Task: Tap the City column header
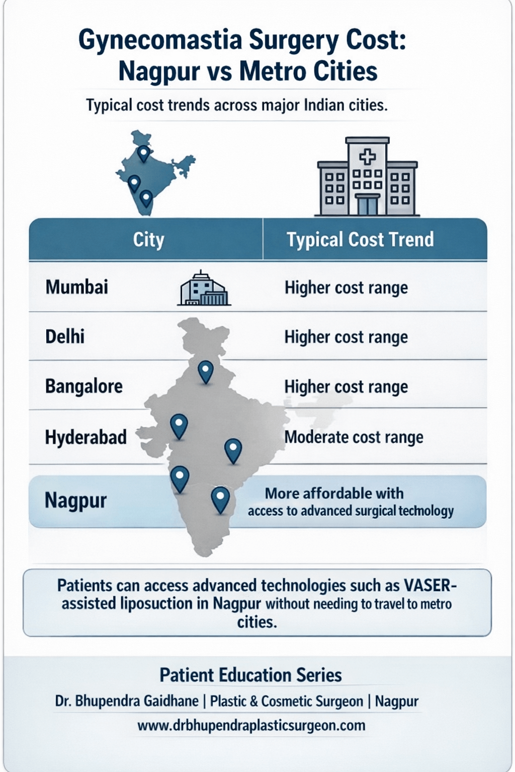pyautogui.click(x=148, y=240)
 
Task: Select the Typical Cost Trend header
pyautogui.click(x=360, y=240)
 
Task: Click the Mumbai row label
pyautogui.click(x=76, y=287)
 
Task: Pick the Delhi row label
pyautogui.click(x=65, y=336)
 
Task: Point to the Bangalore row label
pyautogui.click(x=84, y=386)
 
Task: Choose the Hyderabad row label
pyautogui.click(x=85, y=437)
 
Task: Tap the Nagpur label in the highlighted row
pyautogui.click(x=75, y=501)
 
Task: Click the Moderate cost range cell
pyautogui.click(x=354, y=437)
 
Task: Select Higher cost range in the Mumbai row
pyautogui.click(x=346, y=288)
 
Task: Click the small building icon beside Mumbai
pyautogui.click(x=204, y=289)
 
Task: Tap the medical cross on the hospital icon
pyautogui.click(x=367, y=157)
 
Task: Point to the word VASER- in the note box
pyautogui.click(x=430, y=586)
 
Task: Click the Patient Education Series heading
pyautogui.click(x=250, y=675)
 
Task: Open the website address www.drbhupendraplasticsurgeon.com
pyautogui.click(x=251, y=725)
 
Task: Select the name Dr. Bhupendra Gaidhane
pyautogui.click(x=126, y=701)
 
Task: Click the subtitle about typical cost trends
pyautogui.click(x=237, y=106)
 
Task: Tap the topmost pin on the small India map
pyautogui.click(x=144, y=152)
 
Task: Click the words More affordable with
pyautogui.click(x=334, y=493)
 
